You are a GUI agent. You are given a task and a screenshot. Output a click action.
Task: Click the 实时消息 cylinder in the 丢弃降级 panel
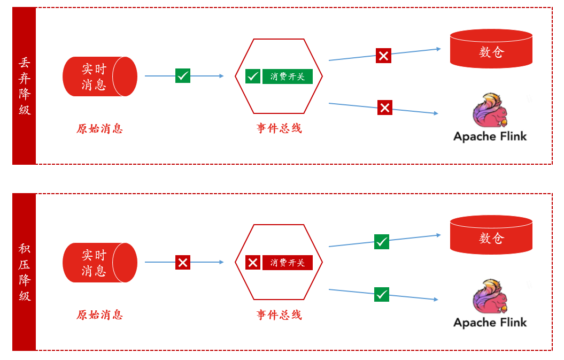(x=99, y=76)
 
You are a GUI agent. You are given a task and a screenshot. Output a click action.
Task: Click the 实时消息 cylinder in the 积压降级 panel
(x=99, y=263)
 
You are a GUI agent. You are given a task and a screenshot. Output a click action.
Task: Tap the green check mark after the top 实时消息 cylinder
(x=183, y=76)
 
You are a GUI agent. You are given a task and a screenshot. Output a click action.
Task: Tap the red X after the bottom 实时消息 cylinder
(x=183, y=262)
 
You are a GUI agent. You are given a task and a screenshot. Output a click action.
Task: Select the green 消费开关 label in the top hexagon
(x=287, y=76)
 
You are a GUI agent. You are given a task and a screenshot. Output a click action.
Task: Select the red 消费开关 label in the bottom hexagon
(x=287, y=263)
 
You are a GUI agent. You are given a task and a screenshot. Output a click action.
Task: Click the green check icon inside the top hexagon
(x=253, y=76)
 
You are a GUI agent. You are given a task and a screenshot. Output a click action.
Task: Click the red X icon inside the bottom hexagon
(x=253, y=263)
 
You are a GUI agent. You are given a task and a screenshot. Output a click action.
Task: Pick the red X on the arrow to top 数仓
(x=383, y=56)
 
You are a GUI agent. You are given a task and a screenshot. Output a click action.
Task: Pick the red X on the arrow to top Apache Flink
(x=385, y=108)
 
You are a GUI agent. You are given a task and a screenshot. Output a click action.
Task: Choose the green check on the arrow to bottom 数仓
(x=382, y=242)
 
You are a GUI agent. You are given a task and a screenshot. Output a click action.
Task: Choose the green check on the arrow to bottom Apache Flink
(x=382, y=294)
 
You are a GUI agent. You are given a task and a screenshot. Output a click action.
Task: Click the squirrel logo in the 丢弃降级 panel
(x=490, y=111)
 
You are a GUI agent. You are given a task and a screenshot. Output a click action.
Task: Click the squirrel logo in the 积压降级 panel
(x=490, y=296)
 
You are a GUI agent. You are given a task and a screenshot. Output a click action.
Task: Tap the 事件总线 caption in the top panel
(x=279, y=128)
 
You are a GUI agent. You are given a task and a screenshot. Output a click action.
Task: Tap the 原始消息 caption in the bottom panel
(x=99, y=315)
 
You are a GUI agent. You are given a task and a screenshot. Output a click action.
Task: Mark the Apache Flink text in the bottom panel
(x=490, y=323)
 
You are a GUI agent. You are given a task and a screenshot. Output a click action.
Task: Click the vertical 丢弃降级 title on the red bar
(x=24, y=86)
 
